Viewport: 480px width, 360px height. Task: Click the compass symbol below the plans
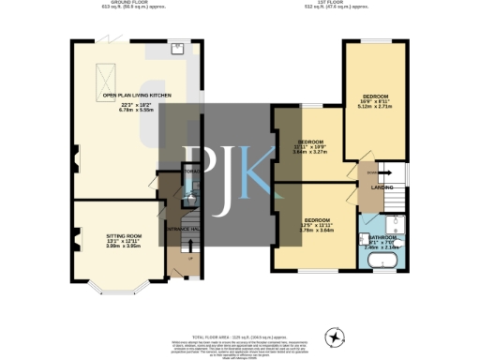[333, 337]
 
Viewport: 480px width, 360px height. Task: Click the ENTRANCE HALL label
[180, 228]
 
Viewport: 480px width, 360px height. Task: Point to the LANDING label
[382, 187]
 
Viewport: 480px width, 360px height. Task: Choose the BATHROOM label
[382, 237]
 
